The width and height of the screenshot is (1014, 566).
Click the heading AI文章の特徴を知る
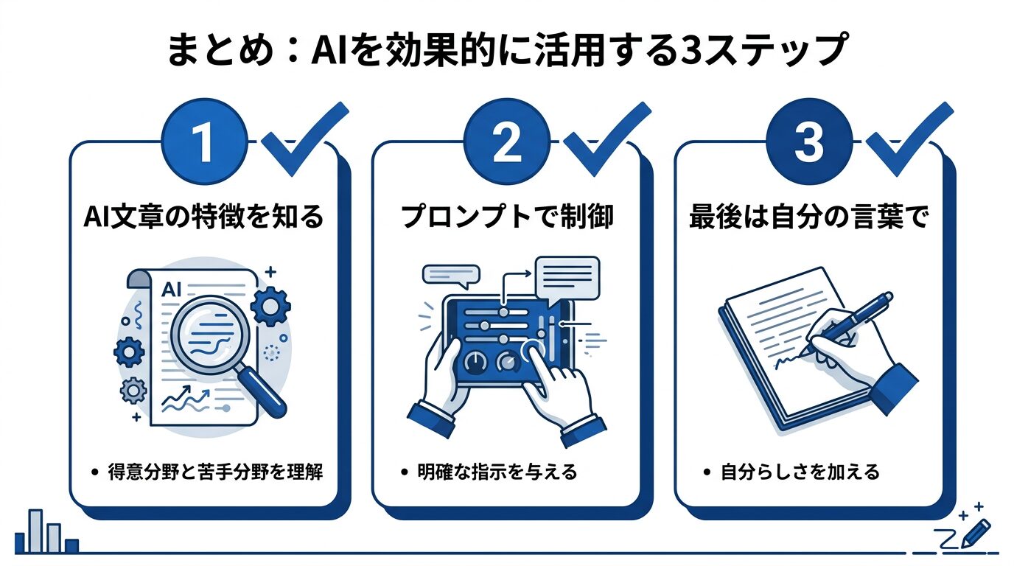pyautogui.click(x=203, y=218)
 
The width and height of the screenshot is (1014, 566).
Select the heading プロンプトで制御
pyautogui.click(x=506, y=218)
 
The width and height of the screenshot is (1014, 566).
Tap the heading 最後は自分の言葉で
pyautogui.click(x=808, y=218)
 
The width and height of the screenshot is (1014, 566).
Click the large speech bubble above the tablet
pyautogui.click(x=567, y=277)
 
